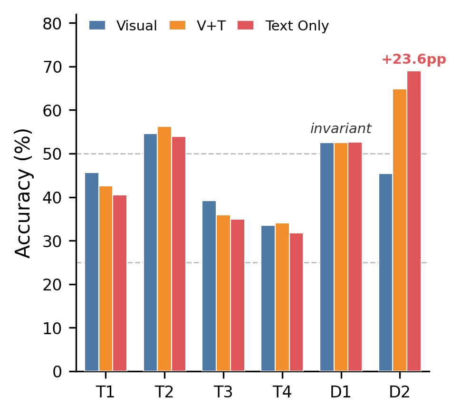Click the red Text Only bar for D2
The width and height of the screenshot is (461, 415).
pyautogui.click(x=413, y=221)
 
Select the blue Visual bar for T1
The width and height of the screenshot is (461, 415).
pyautogui.click(x=92, y=272)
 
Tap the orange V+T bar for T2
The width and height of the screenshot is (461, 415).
pyautogui.click(x=164, y=249)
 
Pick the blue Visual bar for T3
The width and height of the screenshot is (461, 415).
pyautogui.click(x=209, y=286)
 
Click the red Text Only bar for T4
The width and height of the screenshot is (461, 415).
pyautogui.click(x=296, y=302)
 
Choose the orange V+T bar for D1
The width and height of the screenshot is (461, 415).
pyautogui.click(x=341, y=257)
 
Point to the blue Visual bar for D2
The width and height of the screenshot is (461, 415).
pyautogui.click(x=385, y=272)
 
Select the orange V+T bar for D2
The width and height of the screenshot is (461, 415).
pyautogui.click(x=400, y=230)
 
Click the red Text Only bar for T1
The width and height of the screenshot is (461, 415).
pyautogui.click(x=120, y=283)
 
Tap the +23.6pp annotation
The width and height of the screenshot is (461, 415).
pyautogui.click(x=413, y=59)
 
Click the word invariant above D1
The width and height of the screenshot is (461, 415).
pyautogui.click(x=341, y=129)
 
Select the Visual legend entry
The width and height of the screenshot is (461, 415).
pyautogui.click(x=123, y=26)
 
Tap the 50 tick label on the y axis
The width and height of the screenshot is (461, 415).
pyautogui.click(x=53, y=154)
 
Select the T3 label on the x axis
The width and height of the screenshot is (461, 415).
pyautogui.click(x=223, y=392)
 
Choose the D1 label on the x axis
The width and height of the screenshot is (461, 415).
pyautogui.click(x=341, y=392)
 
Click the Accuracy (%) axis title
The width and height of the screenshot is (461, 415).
pyautogui.click(x=23, y=193)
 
